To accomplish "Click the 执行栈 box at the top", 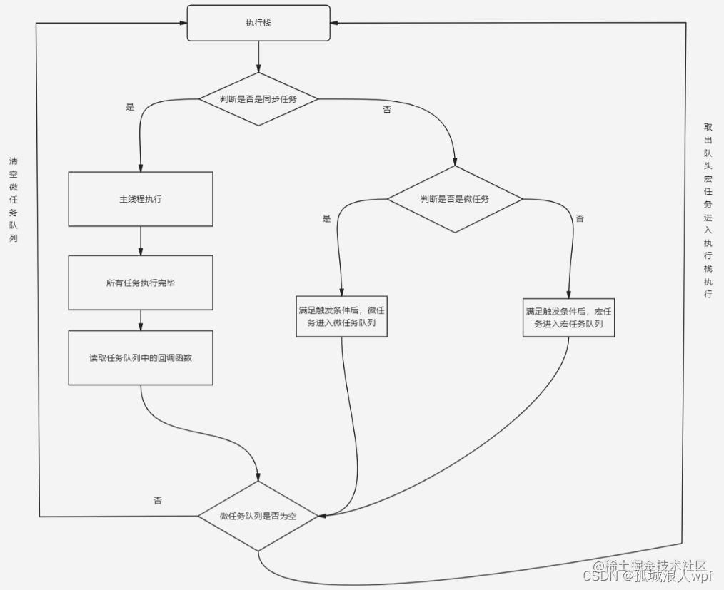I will point(258,23).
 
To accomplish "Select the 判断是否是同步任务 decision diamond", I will point(258,99).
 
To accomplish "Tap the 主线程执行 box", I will point(141,199).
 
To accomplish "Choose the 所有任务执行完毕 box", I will point(141,283).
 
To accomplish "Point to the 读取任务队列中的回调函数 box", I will point(141,357).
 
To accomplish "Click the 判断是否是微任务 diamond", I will point(455,199).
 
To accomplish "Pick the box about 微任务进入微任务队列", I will point(342,317).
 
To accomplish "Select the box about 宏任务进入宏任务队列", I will point(569,317).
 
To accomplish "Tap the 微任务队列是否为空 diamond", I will point(258,516).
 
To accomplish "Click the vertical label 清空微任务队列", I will point(14,199).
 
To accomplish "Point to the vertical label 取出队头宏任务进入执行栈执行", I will point(708,210).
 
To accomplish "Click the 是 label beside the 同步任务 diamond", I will point(130,107).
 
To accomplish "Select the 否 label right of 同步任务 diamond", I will point(387,110).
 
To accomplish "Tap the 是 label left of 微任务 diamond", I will point(327,219).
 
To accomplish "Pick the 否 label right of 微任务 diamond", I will point(580,219).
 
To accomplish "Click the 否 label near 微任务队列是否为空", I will point(157,500).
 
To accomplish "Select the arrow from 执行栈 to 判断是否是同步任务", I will point(258,56).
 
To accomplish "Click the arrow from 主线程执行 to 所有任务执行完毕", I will point(141,241).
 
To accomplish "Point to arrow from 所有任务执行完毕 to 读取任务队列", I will point(141,320).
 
